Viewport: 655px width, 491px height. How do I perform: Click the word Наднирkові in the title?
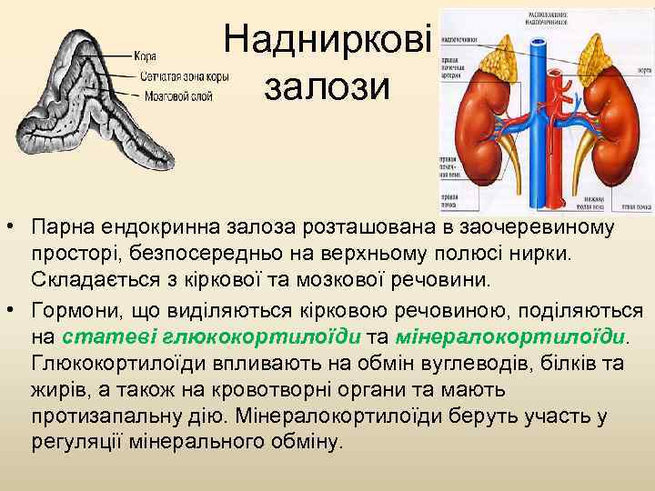[327, 38]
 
